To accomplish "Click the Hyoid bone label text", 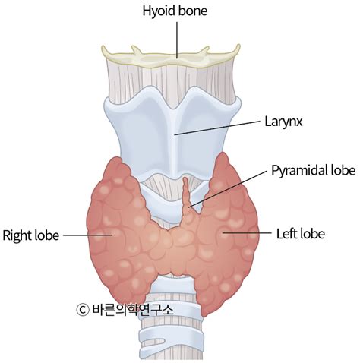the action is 175,11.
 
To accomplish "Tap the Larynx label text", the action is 283,122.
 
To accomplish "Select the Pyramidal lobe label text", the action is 314,170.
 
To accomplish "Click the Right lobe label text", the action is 30,235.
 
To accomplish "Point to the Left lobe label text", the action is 301,234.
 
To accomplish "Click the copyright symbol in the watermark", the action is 83,309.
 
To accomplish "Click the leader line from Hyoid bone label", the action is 177,40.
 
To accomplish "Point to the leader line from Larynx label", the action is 217,128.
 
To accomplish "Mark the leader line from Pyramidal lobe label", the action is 228,189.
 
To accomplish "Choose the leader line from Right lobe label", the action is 87,235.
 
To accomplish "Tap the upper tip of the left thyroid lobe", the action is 223,155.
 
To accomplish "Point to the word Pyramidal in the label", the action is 299,171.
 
